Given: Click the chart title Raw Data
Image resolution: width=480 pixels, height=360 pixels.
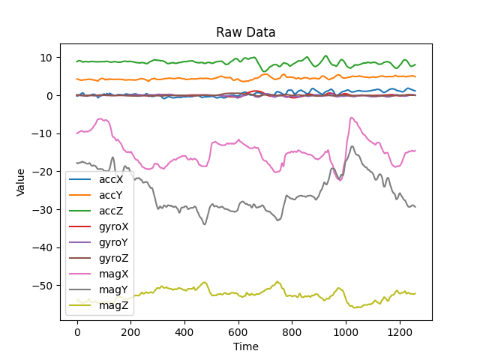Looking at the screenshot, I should (x=245, y=32).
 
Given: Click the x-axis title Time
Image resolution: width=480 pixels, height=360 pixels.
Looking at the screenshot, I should (x=245, y=346).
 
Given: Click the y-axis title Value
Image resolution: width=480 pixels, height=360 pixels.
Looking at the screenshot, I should (x=21, y=181).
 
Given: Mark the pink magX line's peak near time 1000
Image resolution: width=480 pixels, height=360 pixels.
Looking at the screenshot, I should (x=351, y=118).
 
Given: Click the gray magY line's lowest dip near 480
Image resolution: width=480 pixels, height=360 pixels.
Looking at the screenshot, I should (x=205, y=224).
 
